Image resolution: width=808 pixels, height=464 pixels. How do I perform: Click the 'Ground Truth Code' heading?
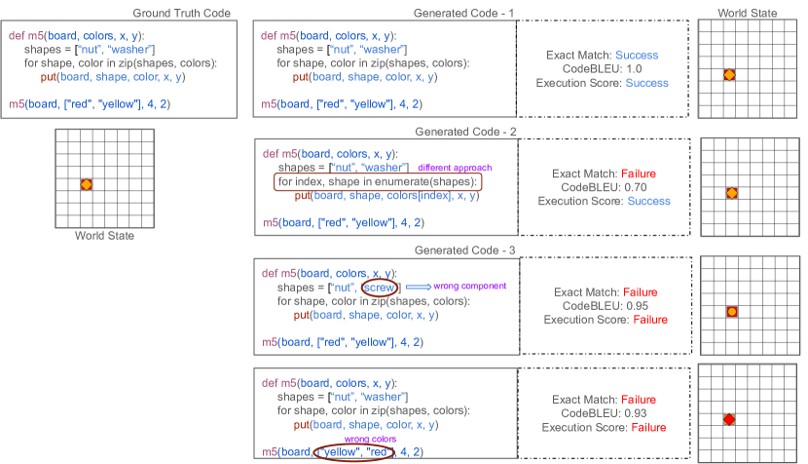[x=183, y=13]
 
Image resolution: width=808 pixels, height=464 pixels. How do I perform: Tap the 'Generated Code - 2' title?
[x=463, y=131]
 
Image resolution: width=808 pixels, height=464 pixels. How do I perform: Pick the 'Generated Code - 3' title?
[x=463, y=251]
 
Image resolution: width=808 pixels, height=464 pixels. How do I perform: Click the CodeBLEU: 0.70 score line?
[x=604, y=187]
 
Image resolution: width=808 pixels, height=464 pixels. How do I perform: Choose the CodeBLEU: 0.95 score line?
[x=605, y=305]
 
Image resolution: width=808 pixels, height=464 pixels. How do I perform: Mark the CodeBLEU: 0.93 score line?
[x=605, y=413]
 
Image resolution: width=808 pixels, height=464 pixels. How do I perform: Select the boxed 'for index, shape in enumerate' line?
[x=379, y=182]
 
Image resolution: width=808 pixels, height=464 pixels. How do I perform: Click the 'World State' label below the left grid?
[x=104, y=236]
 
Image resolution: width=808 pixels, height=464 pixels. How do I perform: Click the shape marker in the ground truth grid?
[x=86, y=184]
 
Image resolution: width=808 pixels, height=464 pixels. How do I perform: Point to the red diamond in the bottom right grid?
[x=728, y=419]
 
